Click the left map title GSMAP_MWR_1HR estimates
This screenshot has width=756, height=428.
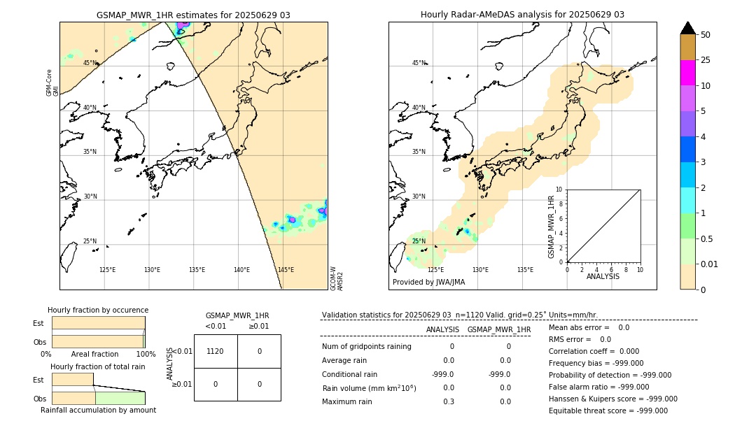(193, 15)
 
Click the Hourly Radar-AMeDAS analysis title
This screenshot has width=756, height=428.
(522, 15)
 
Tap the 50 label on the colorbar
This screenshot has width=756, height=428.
(706, 35)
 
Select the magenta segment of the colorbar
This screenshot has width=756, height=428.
(687, 73)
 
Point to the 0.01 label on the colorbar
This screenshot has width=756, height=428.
(710, 264)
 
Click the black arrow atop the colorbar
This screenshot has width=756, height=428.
(687, 28)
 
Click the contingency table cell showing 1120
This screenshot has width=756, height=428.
(215, 351)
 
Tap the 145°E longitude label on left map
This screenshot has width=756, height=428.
(286, 270)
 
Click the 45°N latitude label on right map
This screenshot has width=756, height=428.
(419, 63)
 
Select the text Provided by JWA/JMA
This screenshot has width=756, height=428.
(428, 283)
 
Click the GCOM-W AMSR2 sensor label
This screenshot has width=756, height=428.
(337, 278)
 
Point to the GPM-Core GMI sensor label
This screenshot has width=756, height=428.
(52, 83)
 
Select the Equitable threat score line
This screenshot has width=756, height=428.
(608, 411)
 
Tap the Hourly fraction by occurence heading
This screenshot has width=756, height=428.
(98, 310)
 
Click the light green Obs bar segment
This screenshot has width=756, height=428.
(120, 398)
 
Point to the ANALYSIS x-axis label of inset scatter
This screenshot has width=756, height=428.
(603, 276)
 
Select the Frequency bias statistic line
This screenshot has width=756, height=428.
(596, 363)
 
